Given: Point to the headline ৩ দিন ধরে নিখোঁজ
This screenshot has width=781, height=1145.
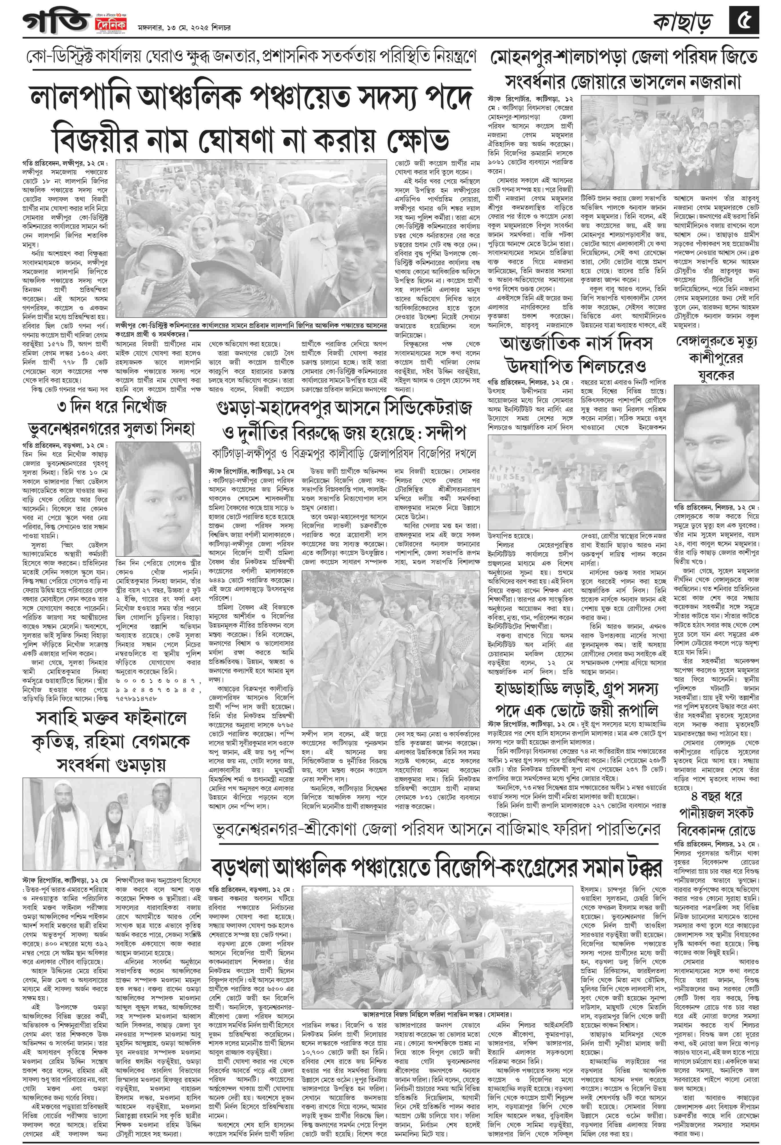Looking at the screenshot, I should coord(112,406).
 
